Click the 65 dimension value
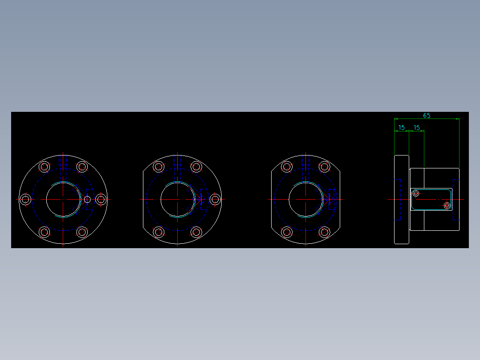[427, 115]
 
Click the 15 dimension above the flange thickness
[402, 128]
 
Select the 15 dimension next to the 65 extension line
[417, 128]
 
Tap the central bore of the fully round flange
[63, 199]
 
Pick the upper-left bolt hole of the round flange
[44, 167]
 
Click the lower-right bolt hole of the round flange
[82, 232]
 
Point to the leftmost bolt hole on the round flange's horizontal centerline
[25, 199]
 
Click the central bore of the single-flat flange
[177, 199]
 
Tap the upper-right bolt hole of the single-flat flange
[196, 167]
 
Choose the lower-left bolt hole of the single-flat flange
[159, 232]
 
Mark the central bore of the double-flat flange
[305, 199]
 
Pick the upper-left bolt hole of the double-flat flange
[287, 167]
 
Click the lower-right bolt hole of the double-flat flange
[325, 232]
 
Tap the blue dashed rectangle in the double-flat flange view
[332, 199]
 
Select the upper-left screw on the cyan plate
[416, 193]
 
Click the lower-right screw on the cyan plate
[447, 205]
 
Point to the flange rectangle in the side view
[402, 199]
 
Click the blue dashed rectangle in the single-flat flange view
[204, 199]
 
